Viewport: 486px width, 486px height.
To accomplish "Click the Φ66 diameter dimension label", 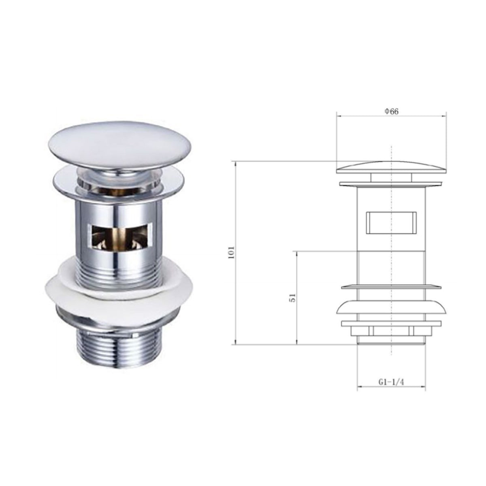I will (391, 111).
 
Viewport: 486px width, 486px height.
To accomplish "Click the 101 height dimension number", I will (232, 253).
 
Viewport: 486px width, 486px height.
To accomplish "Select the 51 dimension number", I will (294, 298).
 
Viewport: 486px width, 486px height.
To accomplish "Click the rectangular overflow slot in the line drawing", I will (391, 222).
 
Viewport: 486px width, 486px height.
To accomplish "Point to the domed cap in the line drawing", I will (391, 166).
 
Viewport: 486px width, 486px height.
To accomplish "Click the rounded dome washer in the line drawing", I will (391, 308).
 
